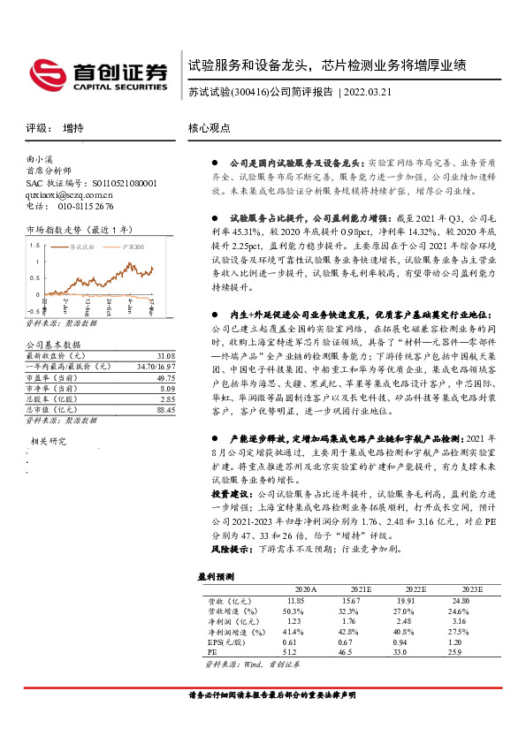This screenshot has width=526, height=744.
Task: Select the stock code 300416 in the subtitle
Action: (x=249, y=91)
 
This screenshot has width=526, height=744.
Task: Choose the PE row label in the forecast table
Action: (x=212, y=652)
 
